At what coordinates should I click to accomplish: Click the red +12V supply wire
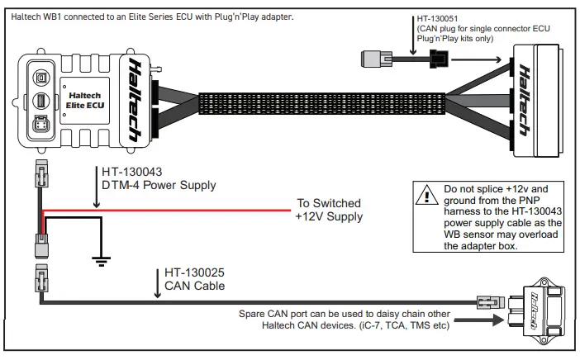click(x=165, y=210)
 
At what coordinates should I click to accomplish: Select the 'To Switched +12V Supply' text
click(x=329, y=211)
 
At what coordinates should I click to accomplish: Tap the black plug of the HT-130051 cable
click(x=439, y=59)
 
